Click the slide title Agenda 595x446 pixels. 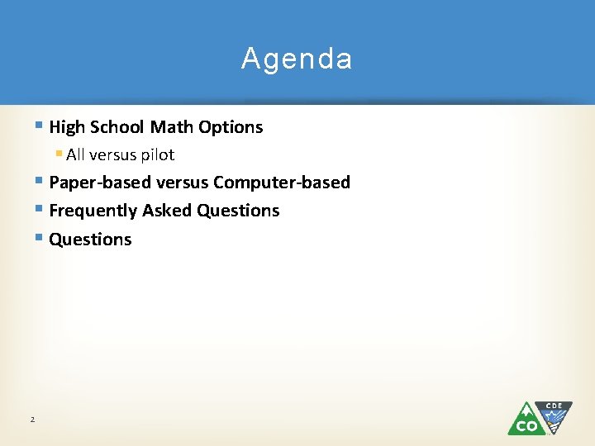pyautogui.click(x=297, y=59)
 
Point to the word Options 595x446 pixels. pyautogui.click(x=231, y=127)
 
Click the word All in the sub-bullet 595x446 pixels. pyautogui.click(x=76, y=154)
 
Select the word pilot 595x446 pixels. pyautogui.click(x=155, y=154)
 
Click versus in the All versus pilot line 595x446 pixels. pyautogui.click(x=112, y=154)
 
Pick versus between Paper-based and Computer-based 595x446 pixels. pyautogui.click(x=178, y=183)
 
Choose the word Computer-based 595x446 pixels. pyautogui.click(x=282, y=183)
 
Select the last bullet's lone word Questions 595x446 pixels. pyautogui.click(x=90, y=240)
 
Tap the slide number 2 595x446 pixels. pyautogui.click(x=32, y=420)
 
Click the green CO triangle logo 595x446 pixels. pyautogui.click(x=525, y=420)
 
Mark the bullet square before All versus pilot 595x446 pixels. pyautogui.click(x=59, y=154)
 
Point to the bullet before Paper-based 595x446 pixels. pyautogui.click(x=40, y=182)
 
